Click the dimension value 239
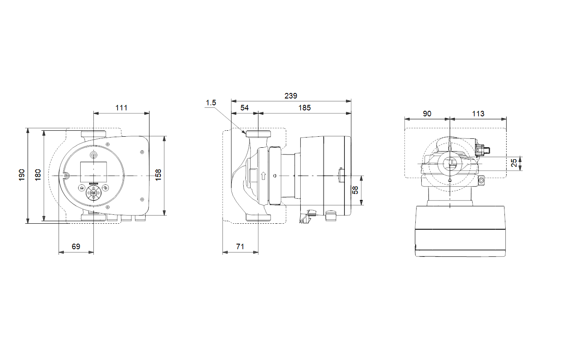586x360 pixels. coord(290,96)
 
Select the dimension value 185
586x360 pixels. coord(304,108)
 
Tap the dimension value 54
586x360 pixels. coord(244,108)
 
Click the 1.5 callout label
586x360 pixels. coord(211,103)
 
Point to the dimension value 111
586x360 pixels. coord(121,108)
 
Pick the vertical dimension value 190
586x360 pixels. coord(22,175)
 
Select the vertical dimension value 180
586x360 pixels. coord(38,175)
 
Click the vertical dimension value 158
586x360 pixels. coord(158,175)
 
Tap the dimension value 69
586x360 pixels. coord(76,247)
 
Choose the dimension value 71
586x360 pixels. coord(240,247)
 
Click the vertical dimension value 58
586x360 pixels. coord(355,190)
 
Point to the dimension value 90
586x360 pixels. coord(427,113)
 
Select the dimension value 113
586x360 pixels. coord(478,113)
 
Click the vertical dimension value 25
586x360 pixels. coord(514,163)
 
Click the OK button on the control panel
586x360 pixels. coord(93,193)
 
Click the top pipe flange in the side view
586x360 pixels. coord(258,134)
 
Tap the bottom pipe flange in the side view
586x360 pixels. coord(258,217)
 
